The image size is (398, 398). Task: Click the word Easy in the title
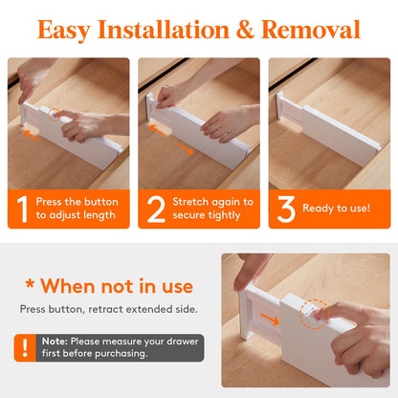[64, 31]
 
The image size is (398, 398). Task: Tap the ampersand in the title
[245, 30]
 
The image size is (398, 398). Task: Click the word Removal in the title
[310, 30]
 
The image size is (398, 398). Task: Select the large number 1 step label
[22, 209]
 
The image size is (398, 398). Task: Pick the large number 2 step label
[156, 209]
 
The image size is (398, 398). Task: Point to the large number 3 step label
[286, 209]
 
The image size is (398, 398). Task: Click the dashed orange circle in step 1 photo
[55, 114]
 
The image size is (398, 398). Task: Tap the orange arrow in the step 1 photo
[32, 135]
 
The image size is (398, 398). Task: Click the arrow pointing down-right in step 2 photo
[186, 149]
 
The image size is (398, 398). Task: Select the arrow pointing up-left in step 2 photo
[157, 130]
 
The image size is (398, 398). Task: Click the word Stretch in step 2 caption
[190, 202]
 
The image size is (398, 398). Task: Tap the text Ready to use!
[337, 209]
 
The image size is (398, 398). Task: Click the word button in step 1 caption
[100, 202]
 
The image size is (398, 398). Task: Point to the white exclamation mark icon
[25, 347]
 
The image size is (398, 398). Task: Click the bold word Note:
[55, 342]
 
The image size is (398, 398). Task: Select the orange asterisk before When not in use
[30, 283]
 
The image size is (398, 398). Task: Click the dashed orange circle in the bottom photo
[315, 314]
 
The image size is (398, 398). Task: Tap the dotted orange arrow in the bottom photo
[270, 320]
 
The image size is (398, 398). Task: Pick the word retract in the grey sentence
[105, 309]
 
